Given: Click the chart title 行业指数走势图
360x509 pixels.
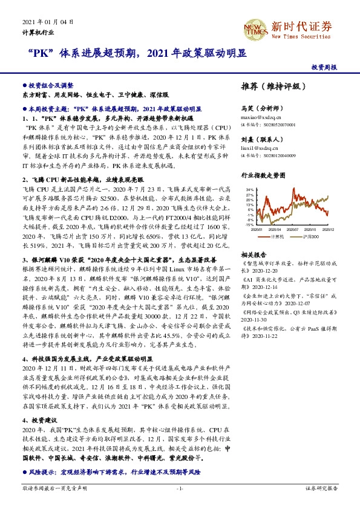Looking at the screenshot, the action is [263, 175].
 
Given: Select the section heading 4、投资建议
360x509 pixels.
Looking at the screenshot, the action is [40, 419].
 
